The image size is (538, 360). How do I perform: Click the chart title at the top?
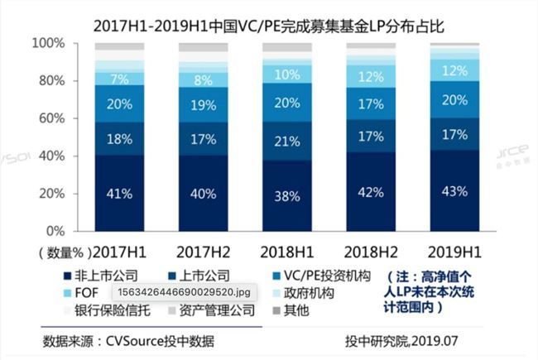(269, 17)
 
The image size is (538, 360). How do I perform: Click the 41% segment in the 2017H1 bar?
(119, 194)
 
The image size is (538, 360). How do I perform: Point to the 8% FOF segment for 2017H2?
(204, 80)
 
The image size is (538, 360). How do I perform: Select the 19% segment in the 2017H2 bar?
(204, 105)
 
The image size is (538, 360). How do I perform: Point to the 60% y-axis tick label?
(51, 118)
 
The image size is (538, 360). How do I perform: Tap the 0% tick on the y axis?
(55, 231)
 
